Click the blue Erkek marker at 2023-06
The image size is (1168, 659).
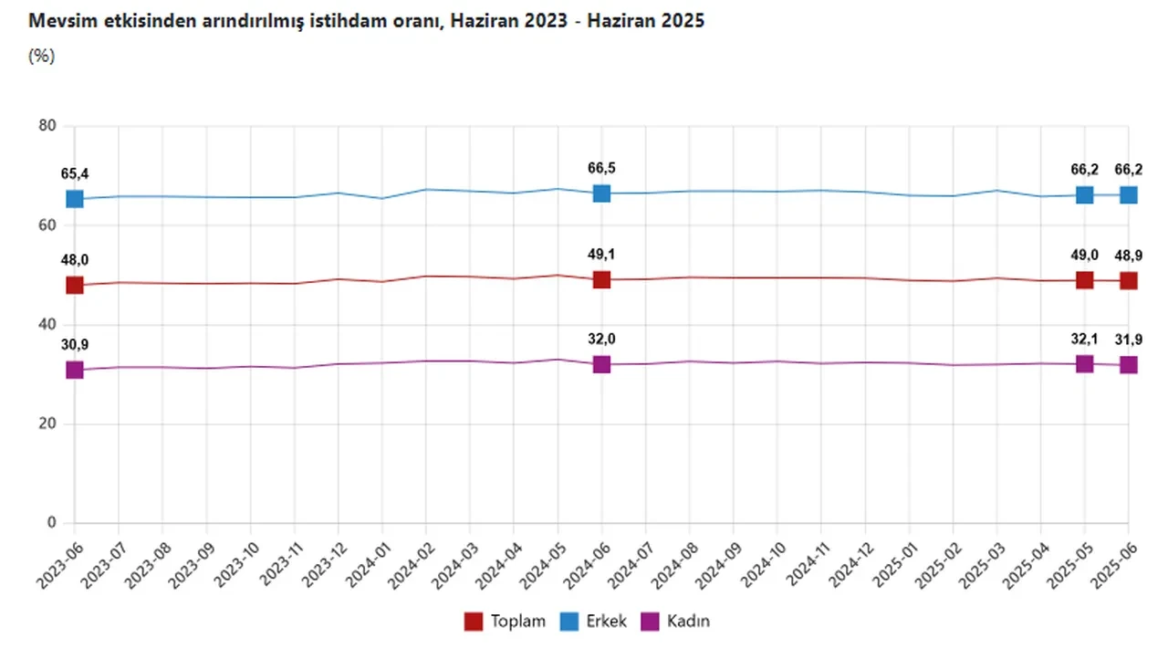[x=75, y=199]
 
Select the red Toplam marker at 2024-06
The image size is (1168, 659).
[x=601, y=279]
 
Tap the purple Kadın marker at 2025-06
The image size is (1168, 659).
[x=1129, y=365]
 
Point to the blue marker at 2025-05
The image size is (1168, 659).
[x=1085, y=194]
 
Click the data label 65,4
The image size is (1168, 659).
[x=75, y=174]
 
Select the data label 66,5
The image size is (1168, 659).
[x=602, y=168]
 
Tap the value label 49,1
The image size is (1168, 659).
[x=602, y=255]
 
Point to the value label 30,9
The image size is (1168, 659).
[x=75, y=344]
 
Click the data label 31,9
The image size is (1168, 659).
[x=1129, y=340]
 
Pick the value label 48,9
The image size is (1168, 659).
[x=1129, y=255]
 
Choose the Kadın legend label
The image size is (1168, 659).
[x=687, y=622]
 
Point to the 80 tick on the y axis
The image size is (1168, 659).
[x=47, y=126]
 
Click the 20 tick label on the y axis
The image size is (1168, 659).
[x=47, y=424]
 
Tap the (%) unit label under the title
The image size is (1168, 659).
[x=42, y=56]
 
